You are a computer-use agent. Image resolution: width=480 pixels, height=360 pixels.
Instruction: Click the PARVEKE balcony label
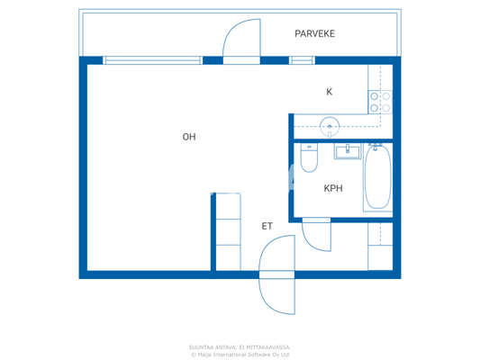click(314, 34)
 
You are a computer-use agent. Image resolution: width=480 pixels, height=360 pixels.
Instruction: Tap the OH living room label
click(189, 137)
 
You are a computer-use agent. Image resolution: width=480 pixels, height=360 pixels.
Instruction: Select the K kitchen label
click(330, 92)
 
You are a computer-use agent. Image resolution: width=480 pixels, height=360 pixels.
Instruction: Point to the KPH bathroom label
click(333, 188)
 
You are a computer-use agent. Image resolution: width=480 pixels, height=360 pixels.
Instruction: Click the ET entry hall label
click(267, 226)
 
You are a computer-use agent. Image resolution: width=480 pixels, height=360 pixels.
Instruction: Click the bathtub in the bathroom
click(377, 177)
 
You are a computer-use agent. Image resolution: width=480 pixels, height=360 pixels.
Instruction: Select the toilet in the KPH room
click(309, 159)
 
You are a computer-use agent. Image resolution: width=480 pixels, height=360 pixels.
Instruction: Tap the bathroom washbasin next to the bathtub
click(348, 150)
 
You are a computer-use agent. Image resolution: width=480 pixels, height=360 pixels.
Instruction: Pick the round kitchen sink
click(330, 126)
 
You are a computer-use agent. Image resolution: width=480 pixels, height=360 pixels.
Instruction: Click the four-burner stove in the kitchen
click(380, 102)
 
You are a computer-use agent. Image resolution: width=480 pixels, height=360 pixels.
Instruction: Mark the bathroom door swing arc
click(315, 235)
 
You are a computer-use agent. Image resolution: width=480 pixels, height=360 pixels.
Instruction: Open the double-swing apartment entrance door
click(276, 274)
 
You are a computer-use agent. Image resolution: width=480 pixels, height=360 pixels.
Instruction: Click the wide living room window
click(152, 60)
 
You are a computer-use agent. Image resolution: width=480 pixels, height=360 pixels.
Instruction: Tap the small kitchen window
click(302, 60)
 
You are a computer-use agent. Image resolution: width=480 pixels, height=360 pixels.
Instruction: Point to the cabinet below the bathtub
click(380, 246)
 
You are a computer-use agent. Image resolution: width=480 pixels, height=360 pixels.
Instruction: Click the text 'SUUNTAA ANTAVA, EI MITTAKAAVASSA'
click(240, 346)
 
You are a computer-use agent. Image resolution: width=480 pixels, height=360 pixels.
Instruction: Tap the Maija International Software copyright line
click(240, 355)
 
